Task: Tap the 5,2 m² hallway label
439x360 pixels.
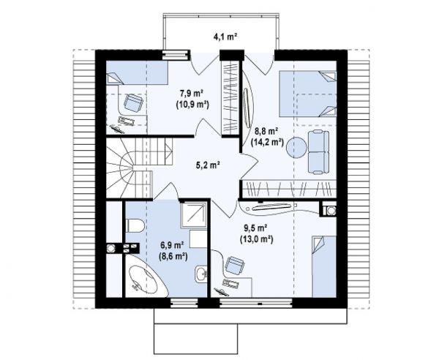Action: (207, 165)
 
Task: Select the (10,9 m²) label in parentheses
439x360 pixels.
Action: (192, 105)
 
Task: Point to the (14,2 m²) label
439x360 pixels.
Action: (267, 142)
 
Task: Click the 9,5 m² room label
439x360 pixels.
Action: (255, 228)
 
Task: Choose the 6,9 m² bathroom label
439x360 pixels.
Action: (172, 246)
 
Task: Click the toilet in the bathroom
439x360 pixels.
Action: (135, 225)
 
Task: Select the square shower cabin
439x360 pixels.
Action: (194, 215)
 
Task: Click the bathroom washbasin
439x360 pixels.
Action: (200, 274)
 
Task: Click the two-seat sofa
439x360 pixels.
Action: (318, 152)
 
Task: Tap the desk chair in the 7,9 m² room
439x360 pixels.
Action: (133, 102)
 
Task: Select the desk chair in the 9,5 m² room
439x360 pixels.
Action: (235, 266)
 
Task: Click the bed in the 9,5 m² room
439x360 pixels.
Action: (324, 266)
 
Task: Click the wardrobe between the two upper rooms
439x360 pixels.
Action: (230, 98)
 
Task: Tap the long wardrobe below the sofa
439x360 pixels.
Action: (289, 189)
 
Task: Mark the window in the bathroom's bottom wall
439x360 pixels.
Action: (184, 303)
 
